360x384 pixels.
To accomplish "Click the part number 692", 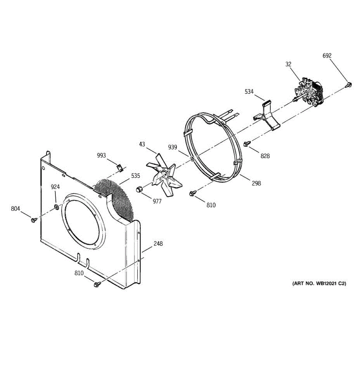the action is [x=327, y=56].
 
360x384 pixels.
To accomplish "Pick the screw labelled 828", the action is [x=247, y=144].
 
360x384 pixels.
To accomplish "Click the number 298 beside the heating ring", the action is [x=256, y=183].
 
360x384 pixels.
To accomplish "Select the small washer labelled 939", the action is [x=191, y=159].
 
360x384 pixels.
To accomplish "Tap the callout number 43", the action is [x=142, y=144].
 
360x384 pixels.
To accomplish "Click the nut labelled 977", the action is [x=139, y=189].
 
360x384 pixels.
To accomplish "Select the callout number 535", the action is [x=135, y=176].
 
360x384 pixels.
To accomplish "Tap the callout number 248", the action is [x=158, y=244].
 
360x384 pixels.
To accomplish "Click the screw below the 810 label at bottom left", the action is [x=96, y=284].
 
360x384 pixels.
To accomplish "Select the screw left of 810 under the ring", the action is [x=193, y=193].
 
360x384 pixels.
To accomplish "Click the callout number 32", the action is [x=288, y=64].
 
